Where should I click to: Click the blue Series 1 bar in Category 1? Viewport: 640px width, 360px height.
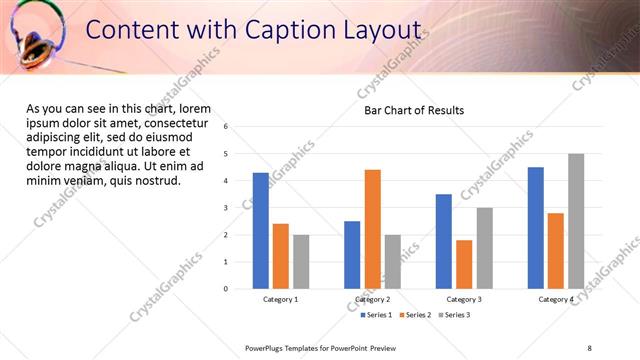261,231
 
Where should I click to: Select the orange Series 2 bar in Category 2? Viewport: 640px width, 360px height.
372,229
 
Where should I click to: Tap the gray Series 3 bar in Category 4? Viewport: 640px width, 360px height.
576,221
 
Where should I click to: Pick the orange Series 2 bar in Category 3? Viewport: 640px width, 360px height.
464,264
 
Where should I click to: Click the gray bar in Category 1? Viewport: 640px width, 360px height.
301,262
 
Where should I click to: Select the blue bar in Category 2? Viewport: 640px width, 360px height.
352,255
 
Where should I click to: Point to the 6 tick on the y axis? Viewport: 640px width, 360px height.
226,127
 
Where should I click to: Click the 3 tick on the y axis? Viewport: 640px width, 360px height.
226,208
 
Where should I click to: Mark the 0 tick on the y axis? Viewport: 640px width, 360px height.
226,289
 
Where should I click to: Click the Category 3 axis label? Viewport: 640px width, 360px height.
464,300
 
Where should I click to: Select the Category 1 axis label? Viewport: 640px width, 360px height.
281,300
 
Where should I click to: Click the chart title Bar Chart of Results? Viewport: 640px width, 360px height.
413,110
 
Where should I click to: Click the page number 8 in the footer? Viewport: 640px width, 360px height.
590,348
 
